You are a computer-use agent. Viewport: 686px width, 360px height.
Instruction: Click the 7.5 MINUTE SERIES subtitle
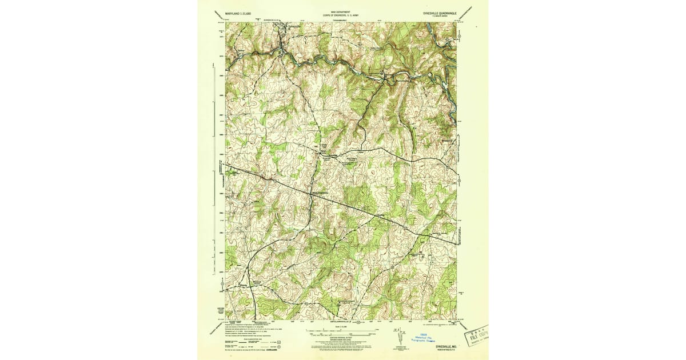pyautogui.click(x=444, y=17)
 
